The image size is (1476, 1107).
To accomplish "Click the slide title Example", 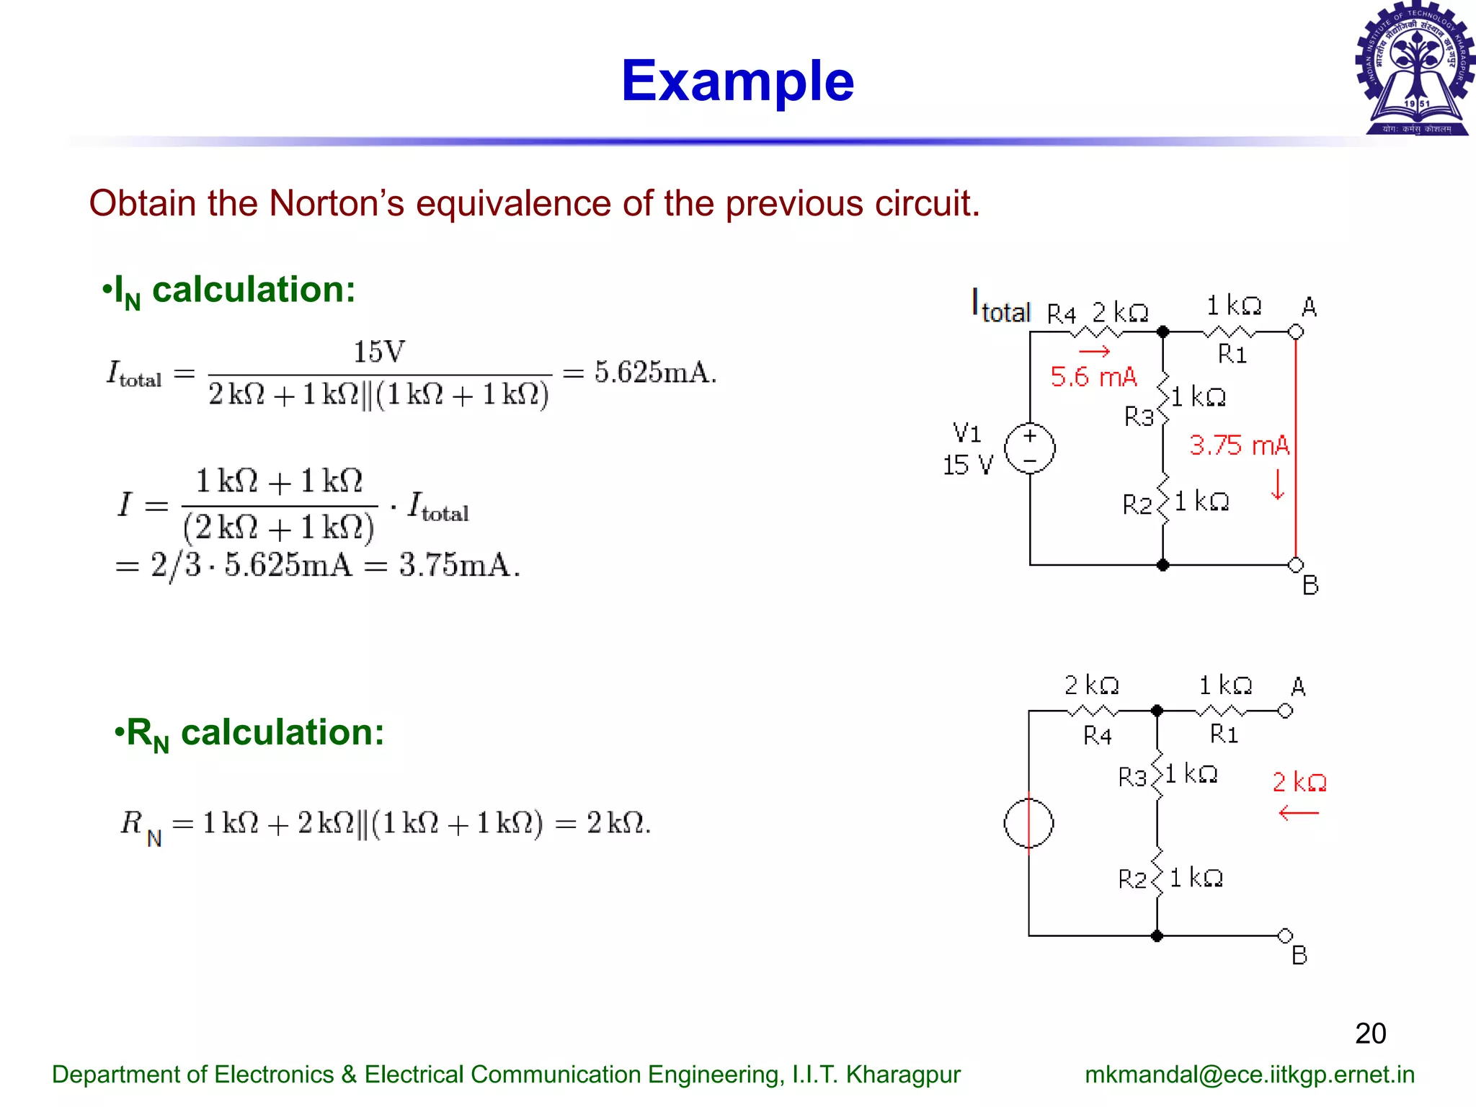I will (737, 81).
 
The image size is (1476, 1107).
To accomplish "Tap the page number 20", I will (1370, 1033).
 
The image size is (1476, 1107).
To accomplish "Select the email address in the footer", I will (1249, 1075).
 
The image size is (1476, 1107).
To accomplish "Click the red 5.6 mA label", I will (1093, 377).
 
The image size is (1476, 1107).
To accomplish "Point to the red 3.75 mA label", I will (1239, 445).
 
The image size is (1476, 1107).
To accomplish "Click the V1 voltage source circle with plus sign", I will (1030, 448).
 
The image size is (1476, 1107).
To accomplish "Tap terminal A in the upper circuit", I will (1296, 332).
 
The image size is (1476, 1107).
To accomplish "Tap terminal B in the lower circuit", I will (1285, 936).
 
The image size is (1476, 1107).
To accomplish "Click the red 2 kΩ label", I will (1299, 782).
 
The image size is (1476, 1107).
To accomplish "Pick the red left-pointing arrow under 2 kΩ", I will (1298, 814).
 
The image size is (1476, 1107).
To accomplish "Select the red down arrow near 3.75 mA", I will (1278, 484).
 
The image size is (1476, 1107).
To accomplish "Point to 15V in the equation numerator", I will (379, 352).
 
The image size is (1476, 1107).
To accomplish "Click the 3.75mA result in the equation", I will (459, 565).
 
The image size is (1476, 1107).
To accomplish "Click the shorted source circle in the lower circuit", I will (1028, 823).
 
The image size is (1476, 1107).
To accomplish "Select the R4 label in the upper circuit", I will (1061, 314).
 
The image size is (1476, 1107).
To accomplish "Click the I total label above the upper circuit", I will (1001, 307).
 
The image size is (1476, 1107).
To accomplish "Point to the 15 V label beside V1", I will (968, 466).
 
